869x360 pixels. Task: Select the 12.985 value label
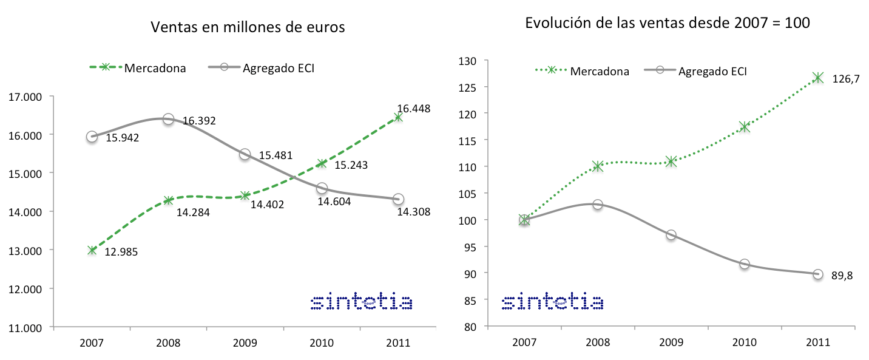[x=122, y=251]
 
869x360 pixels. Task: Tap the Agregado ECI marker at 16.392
[x=168, y=119]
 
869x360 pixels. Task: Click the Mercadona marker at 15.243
[x=321, y=163]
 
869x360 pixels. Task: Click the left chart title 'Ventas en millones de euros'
[x=248, y=27]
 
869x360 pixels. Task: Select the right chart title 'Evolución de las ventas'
[x=668, y=23]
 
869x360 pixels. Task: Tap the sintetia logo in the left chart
[x=361, y=302]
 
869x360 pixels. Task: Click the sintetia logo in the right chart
[x=552, y=302]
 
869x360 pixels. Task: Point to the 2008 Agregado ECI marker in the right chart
[x=598, y=205]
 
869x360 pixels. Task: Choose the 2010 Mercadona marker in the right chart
[x=745, y=127]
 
